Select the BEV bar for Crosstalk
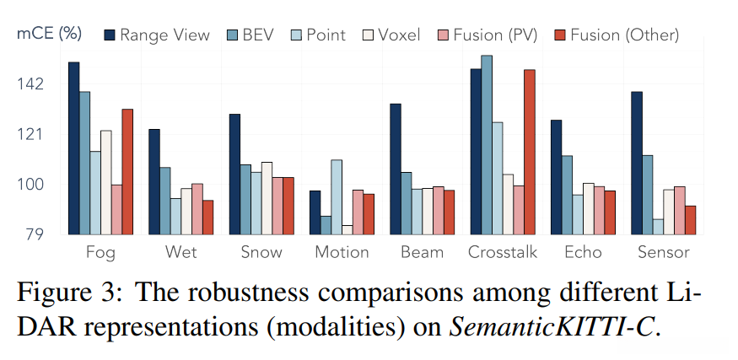click(487, 145)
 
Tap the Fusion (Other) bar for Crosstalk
click(529, 152)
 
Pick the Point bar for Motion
click(337, 196)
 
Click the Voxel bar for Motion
click(347, 229)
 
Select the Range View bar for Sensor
click(637, 163)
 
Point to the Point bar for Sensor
click(658, 226)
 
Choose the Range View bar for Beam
click(396, 169)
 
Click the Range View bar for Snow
click(234, 174)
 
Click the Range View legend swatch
click(109, 35)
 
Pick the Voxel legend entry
click(393, 35)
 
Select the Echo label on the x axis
click(583, 252)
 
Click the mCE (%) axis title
click(49, 34)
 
